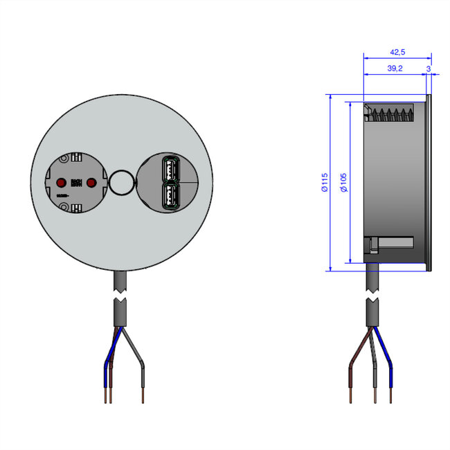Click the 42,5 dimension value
point(397,53)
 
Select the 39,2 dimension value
point(395,69)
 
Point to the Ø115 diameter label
point(325,183)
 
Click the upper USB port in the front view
point(170,170)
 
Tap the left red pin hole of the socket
point(60,183)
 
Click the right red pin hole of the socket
point(91,183)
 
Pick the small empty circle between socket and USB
point(121,183)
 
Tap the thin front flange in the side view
point(429,183)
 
